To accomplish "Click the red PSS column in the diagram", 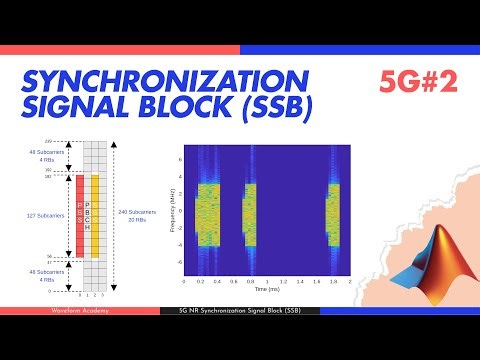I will click(80, 215).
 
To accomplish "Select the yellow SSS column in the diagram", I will click(95, 215).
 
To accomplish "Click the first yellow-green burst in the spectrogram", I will click(208, 214).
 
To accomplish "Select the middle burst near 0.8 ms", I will click(251, 214).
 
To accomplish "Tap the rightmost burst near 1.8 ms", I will click(333, 214).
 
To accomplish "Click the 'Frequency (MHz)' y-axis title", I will click(176, 213).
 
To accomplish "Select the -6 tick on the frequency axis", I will click(181, 263).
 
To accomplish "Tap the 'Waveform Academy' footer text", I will click(79, 310).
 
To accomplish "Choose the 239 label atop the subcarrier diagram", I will click(47, 143).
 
